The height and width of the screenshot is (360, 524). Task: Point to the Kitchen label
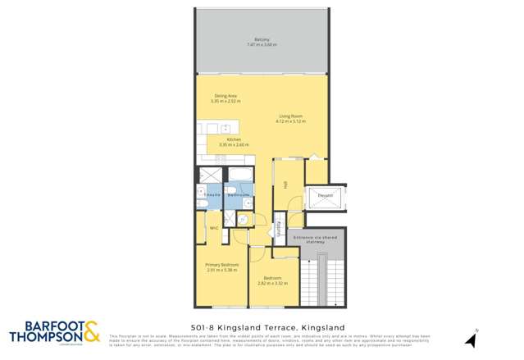click(234, 139)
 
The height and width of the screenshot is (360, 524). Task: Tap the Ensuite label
click(212, 194)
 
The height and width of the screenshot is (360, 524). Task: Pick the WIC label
click(213, 227)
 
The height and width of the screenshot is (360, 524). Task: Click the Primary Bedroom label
click(221, 264)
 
